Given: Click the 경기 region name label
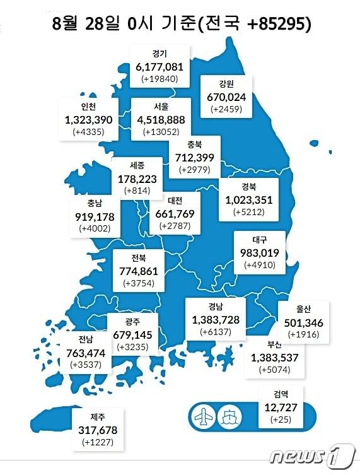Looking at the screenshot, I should click(x=159, y=54).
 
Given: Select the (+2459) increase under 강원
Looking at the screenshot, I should click(x=226, y=110).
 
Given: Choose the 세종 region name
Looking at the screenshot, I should click(x=137, y=165).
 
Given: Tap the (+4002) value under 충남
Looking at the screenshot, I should click(x=95, y=228).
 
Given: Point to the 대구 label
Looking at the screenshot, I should click(x=260, y=240).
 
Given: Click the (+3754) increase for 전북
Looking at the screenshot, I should click(x=141, y=283).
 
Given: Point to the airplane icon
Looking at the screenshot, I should click(x=204, y=416).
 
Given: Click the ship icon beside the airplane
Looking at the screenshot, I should click(x=228, y=416).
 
